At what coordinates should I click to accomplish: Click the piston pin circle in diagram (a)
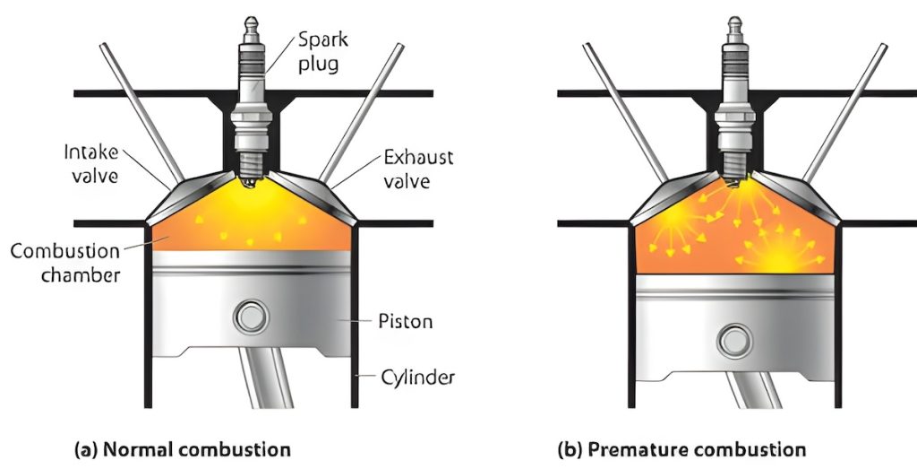pos(247,317)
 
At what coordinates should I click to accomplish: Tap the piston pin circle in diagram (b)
pos(734,342)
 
